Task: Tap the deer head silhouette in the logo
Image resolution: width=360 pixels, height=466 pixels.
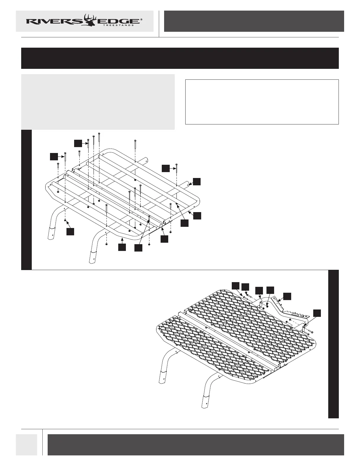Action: pos(90,20)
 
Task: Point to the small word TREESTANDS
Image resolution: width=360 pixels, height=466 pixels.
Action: pos(119,25)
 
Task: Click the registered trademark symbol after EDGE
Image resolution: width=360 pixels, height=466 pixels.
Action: pos(141,19)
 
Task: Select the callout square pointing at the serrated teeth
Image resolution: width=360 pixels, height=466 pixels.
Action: pos(287,296)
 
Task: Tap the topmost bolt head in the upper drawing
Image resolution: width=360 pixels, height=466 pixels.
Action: pos(99,134)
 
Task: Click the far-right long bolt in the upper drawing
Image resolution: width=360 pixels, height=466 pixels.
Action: pos(176,174)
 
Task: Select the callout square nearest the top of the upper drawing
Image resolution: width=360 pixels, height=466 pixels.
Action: pos(78,143)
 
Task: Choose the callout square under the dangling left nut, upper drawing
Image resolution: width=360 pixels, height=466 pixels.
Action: pos(70,232)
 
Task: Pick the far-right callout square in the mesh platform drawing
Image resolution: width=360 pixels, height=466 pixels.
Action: pos(316,313)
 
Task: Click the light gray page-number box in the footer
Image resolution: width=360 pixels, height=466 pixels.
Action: pos(26,445)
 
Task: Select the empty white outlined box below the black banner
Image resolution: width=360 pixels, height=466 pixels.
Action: pos(262,102)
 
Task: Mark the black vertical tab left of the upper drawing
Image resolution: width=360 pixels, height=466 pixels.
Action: pos(26,200)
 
